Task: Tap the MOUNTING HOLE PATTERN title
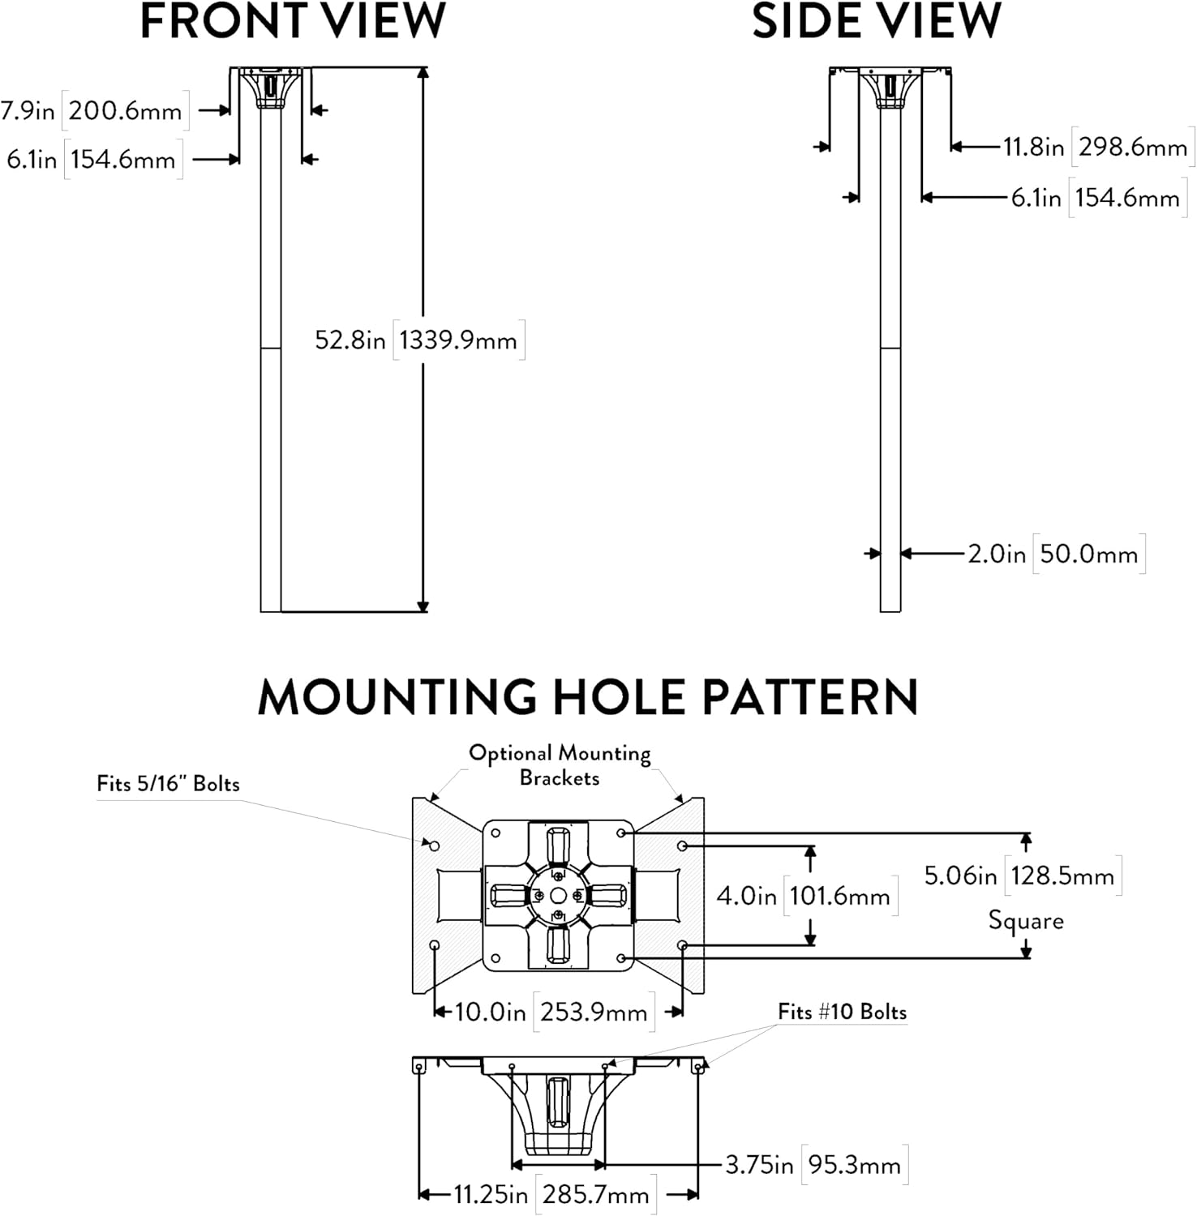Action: (588, 696)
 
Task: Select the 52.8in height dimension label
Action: (350, 340)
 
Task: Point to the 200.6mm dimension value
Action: (126, 110)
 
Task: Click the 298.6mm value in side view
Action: (1133, 148)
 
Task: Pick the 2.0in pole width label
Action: (997, 554)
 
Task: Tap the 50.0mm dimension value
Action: (1089, 554)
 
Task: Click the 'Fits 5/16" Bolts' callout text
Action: (168, 784)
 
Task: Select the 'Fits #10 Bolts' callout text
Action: (842, 1012)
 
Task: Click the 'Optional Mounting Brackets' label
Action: (560, 765)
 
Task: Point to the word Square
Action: (1026, 921)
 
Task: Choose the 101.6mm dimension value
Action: (840, 896)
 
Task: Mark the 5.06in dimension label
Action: (961, 876)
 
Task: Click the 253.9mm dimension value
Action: (594, 1013)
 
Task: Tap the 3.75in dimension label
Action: (759, 1165)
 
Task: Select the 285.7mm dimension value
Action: (596, 1195)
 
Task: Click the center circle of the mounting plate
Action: (558, 895)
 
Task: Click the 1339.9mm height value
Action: (458, 340)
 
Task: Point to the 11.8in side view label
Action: (1033, 148)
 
